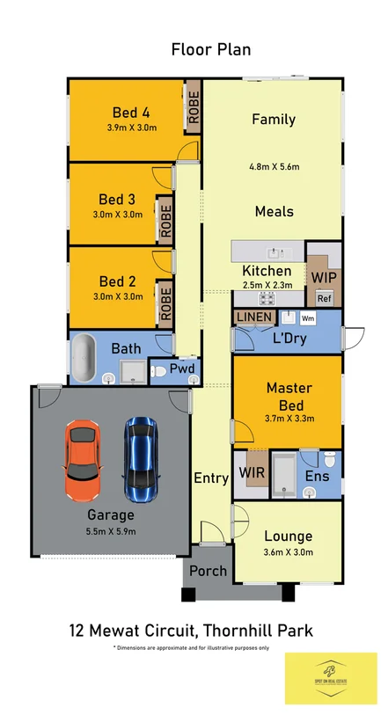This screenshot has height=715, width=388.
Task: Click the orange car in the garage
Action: click(82, 457)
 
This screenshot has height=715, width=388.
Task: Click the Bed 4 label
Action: click(130, 112)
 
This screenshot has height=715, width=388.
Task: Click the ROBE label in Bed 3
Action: click(165, 221)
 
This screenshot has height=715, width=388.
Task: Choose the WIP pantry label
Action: click(323, 276)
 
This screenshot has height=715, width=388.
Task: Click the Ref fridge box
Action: click(323, 298)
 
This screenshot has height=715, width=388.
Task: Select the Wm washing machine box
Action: click(308, 317)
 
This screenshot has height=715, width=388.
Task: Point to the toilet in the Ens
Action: click(328, 459)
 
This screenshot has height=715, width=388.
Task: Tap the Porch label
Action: click(209, 571)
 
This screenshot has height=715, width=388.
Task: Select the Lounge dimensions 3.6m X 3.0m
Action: click(289, 552)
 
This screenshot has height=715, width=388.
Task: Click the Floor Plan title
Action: click(211, 49)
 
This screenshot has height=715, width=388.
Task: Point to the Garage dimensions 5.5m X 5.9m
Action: click(112, 530)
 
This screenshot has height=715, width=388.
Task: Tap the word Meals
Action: click(274, 211)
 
